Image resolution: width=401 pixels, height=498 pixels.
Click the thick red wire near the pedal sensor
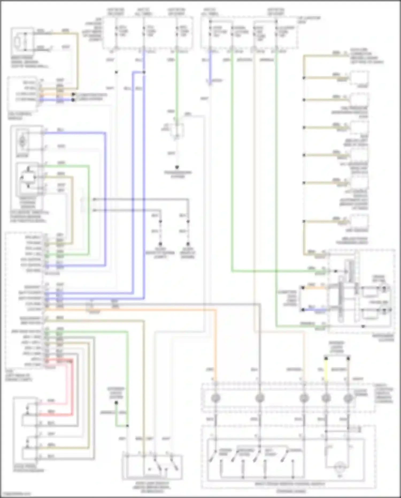[x=72, y=388]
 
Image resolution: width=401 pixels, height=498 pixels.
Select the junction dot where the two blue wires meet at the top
[x=144, y=72]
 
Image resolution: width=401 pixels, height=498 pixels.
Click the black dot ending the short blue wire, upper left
[x=73, y=100]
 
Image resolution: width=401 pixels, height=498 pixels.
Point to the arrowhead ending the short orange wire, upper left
[x=73, y=94]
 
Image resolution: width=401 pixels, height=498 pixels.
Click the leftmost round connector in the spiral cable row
[x=215, y=398]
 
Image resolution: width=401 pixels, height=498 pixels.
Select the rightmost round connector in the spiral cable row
[x=348, y=398]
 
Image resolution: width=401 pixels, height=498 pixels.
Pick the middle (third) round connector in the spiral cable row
[x=304, y=398]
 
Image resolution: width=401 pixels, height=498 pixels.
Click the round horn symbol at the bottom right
[x=340, y=467]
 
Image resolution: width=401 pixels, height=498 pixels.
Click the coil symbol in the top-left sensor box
[x=17, y=42]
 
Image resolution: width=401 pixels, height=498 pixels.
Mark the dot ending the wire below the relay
[x=177, y=167]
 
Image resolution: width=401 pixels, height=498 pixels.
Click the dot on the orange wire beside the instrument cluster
[x=303, y=288]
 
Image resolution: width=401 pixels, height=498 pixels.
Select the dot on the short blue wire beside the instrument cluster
[x=303, y=310]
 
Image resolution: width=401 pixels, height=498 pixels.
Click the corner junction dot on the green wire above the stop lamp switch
[x=128, y=426]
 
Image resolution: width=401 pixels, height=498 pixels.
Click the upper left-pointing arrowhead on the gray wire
[x=94, y=199]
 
